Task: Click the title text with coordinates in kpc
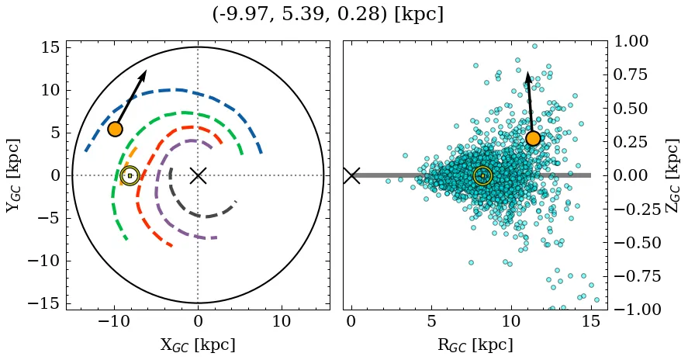(x=327, y=14)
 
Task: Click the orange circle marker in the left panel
(x=115, y=129)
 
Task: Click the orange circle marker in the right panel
(x=533, y=138)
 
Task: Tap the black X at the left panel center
(x=198, y=175)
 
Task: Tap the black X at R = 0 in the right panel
(x=351, y=175)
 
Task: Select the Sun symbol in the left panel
(x=130, y=175)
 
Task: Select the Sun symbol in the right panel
(x=482, y=175)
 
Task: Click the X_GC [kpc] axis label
(x=198, y=345)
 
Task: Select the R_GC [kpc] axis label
(x=475, y=345)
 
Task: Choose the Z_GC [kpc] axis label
(x=672, y=175)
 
